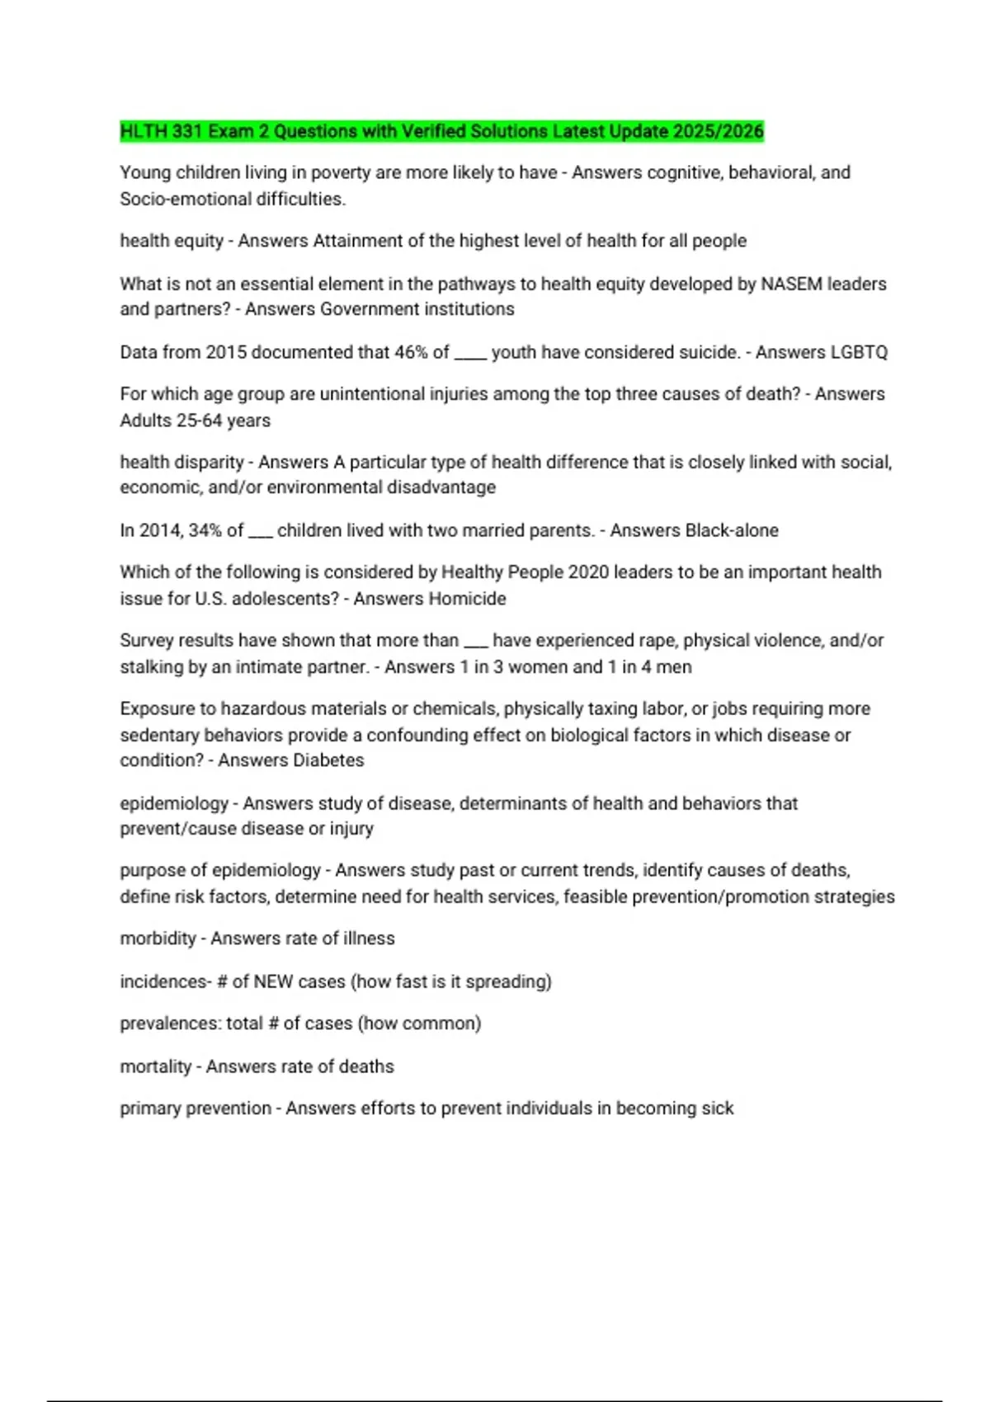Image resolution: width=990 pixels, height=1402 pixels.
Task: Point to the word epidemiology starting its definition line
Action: coord(174,803)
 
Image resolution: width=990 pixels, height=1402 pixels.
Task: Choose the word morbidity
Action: coord(158,939)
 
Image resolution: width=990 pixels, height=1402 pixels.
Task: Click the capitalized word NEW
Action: coord(273,981)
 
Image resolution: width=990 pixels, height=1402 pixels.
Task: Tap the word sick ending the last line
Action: coord(717,1108)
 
